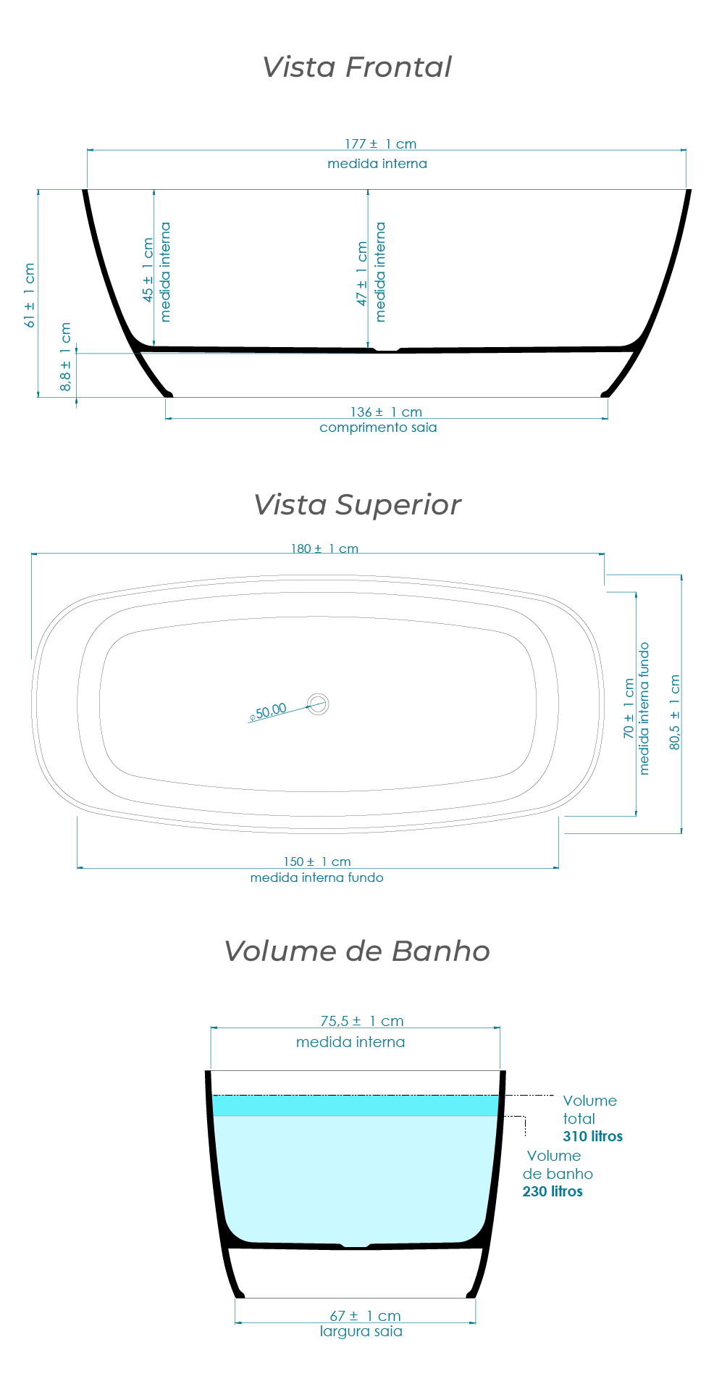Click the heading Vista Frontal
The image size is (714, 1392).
[x=356, y=67]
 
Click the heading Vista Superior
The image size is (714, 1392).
[x=356, y=505]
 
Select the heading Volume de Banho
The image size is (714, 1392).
[x=356, y=951]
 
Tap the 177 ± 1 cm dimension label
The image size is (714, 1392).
[x=380, y=144]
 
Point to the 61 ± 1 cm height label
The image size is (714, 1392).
[x=30, y=296]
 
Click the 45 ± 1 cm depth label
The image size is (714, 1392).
[x=148, y=270]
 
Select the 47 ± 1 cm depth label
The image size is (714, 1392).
[x=362, y=274]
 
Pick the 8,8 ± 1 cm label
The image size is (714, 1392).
[x=66, y=357]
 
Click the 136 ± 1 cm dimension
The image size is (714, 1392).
[x=385, y=412]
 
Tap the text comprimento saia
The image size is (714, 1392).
[x=378, y=428]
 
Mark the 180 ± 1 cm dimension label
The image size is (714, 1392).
[x=324, y=549]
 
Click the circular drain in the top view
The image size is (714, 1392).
[x=318, y=704]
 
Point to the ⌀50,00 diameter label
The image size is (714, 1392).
[x=268, y=712]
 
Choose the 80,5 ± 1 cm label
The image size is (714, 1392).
[x=675, y=712]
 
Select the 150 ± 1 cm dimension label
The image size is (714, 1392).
[x=317, y=862]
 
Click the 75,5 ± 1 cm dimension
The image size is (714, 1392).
[x=361, y=1021]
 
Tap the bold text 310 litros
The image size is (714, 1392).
[x=592, y=1136]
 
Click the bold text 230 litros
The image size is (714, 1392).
[x=553, y=1191]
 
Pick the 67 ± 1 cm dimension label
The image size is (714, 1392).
[x=365, y=1315]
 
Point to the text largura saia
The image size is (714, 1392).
[x=361, y=1331]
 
